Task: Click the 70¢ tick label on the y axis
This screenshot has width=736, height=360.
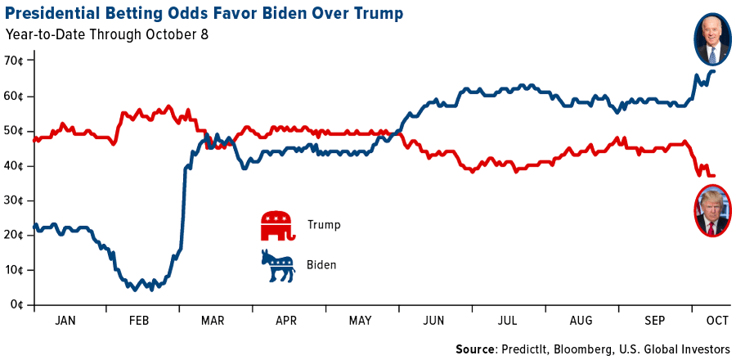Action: click(14, 61)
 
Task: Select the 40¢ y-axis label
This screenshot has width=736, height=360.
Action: click(14, 166)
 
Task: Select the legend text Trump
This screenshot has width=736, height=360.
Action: click(324, 224)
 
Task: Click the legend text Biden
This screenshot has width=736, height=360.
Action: click(321, 265)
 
